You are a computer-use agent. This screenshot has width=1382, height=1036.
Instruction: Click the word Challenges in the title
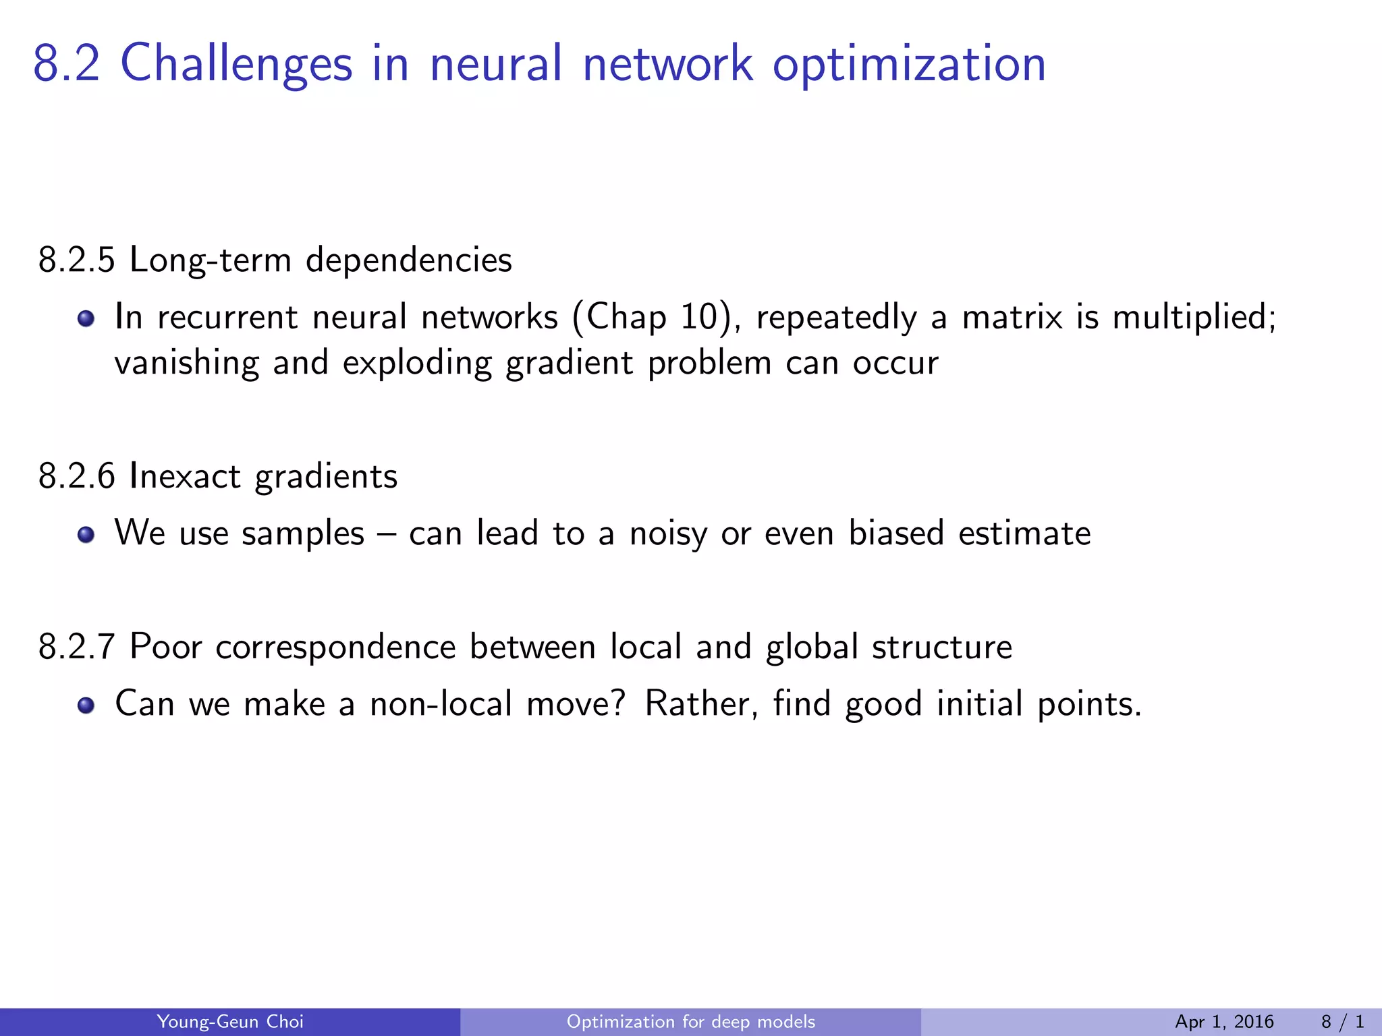pos(236,65)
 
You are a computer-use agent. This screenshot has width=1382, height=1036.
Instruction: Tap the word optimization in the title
pos(909,65)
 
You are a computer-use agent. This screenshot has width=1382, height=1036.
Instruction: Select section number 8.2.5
pos(77,260)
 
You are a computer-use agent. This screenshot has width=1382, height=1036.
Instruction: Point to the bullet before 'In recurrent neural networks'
pos(85,318)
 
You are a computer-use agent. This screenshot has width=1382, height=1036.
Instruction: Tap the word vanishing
pos(186,364)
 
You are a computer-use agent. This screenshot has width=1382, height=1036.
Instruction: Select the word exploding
pos(417,364)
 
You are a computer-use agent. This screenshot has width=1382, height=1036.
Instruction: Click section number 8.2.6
pos(77,477)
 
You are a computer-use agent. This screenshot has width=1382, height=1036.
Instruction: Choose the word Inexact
pos(184,477)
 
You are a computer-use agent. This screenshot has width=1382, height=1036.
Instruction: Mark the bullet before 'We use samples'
pos(85,535)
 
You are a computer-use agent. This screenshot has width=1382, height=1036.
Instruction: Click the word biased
pos(895,534)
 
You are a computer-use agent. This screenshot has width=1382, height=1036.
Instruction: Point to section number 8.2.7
pos(77,647)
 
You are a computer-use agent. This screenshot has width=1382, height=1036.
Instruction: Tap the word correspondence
pos(335,647)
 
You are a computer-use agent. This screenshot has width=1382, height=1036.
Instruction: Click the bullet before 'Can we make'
pos(85,706)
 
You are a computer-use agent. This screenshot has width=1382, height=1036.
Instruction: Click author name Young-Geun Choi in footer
pos(230,1022)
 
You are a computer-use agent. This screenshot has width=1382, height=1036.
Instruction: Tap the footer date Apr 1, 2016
pos(1224,1022)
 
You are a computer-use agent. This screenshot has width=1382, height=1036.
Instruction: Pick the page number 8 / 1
pos(1342,1022)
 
